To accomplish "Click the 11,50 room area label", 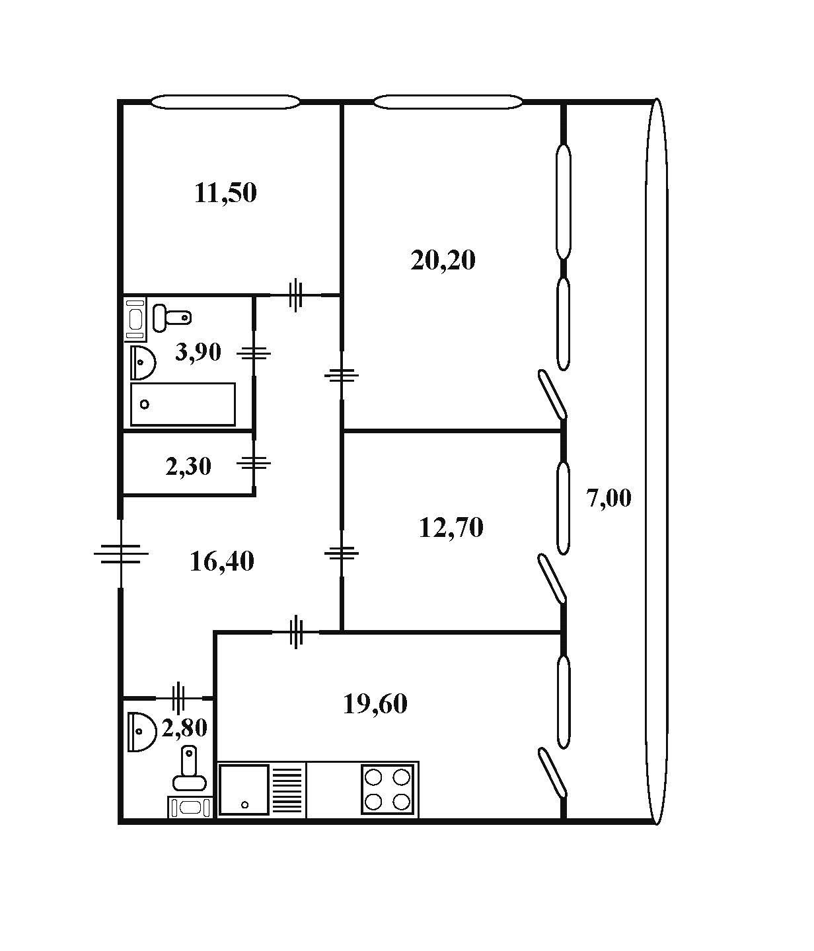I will (x=225, y=193).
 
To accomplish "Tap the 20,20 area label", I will (x=443, y=260).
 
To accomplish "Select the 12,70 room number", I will (x=451, y=528).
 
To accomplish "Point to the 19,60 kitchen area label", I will (x=375, y=704).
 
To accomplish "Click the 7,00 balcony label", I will (x=609, y=497).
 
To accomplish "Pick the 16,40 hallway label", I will (x=221, y=561).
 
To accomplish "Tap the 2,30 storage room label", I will (x=188, y=467).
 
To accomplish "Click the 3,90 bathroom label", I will (x=198, y=352).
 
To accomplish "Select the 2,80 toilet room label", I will (x=184, y=728).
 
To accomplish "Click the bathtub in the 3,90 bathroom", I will (x=183, y=404).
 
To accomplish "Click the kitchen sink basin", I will (x=244, y=790).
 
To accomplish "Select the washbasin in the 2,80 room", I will (x=139, y=731).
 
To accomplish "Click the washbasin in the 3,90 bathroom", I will (x=142, y=362).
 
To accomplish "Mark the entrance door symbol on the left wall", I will (x=121, y=553).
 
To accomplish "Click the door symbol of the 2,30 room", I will (x=254, y=463).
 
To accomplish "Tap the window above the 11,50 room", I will (x=225, y=102).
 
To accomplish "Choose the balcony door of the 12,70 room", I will (x=552, y=579).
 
